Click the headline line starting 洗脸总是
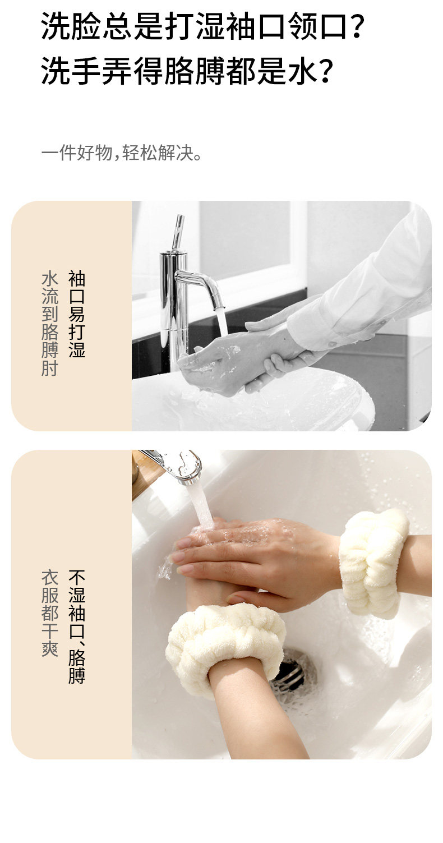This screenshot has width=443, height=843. pyautogui.click(x=202, y=26)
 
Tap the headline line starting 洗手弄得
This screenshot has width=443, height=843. pyautogui.click(x=187, y=71)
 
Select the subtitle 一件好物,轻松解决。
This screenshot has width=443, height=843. pyautogui.click(x=121, y=153)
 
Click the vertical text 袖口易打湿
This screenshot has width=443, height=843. pyautogui.click(x=77, y=314)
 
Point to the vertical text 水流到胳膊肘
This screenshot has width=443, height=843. pyautogui.click(x=50, y=324)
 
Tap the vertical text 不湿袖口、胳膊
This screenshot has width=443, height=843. pyautogui.click(x=77, y=627)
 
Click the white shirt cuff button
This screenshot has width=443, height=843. pyautogui.click(x=333, y=344)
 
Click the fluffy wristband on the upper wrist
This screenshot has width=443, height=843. pyautogui.click(x=373, y=563)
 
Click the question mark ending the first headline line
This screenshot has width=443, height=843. pyautogui.click(x=356, y=26)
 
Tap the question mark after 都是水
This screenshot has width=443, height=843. pyautogui.click(x=326, y=71)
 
